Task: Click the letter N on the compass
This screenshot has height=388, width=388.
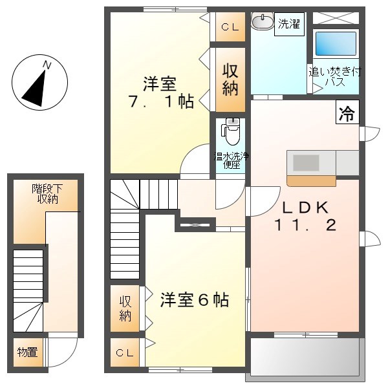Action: [47, 65]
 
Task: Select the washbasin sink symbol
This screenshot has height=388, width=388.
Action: [262, 23]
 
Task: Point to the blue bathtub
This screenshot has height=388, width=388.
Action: [335, 43]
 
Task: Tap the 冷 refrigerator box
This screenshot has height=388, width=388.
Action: [347, 114]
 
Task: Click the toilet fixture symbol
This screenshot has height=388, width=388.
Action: [231, 133]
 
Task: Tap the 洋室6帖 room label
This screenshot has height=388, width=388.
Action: [194, 300]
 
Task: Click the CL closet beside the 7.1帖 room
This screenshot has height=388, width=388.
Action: [230, 27]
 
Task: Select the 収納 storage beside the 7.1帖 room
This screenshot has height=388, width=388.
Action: [230, 80]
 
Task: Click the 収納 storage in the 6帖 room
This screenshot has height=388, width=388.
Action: [125, 308]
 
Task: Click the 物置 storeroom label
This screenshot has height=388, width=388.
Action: [27, 352]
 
